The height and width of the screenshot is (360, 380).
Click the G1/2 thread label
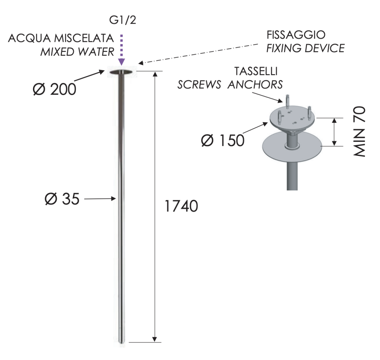click(x=123, y=20)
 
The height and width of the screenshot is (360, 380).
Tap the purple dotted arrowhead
click(x=122, y=62)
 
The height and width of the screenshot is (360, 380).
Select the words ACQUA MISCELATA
click(x=61, y=38)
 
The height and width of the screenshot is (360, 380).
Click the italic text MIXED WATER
click(x=77, y=52)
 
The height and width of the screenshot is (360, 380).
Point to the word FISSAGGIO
click(x=296, y=35)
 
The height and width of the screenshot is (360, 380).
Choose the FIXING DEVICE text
click(x=306, y=48)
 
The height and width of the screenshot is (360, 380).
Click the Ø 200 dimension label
click(x=54, y=89)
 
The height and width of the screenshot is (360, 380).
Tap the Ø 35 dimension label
click(x=62, y=199)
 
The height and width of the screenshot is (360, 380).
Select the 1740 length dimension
click(x=181, y=206)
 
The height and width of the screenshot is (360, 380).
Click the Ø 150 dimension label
click(x=223, y=140)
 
